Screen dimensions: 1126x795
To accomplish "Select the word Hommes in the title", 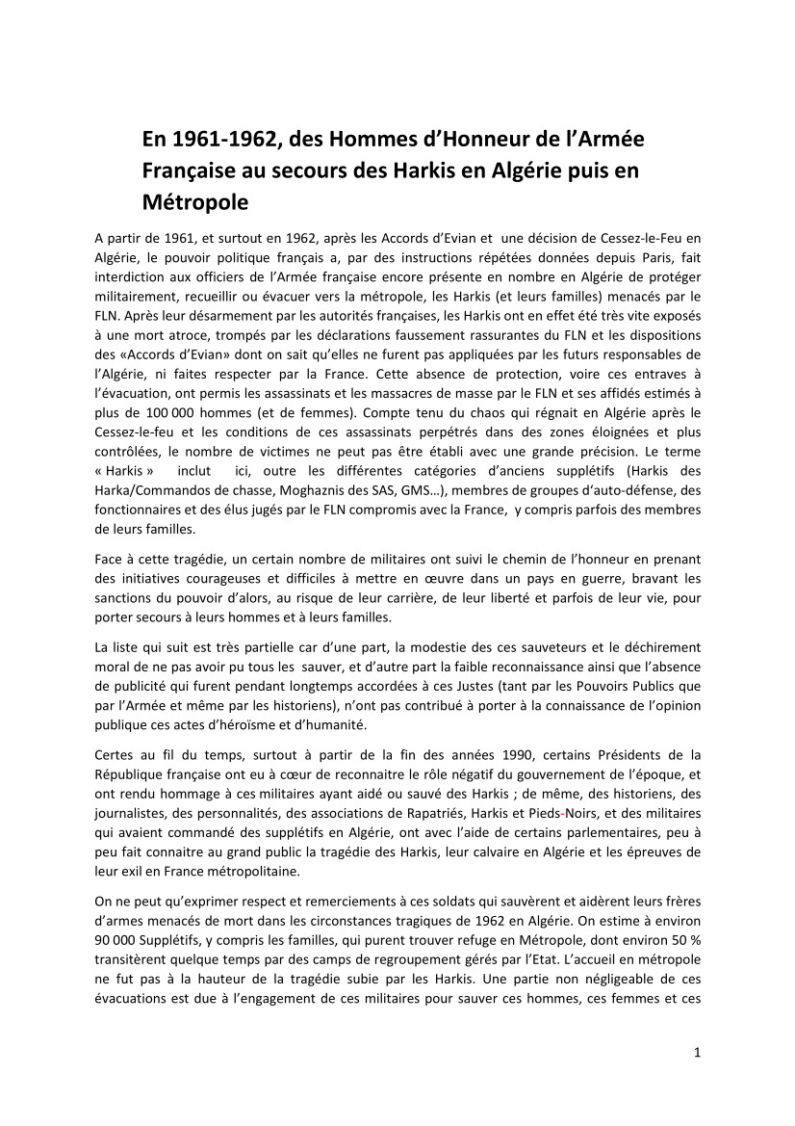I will coord(329,140).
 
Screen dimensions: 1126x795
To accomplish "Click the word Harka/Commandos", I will coord(145,492).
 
